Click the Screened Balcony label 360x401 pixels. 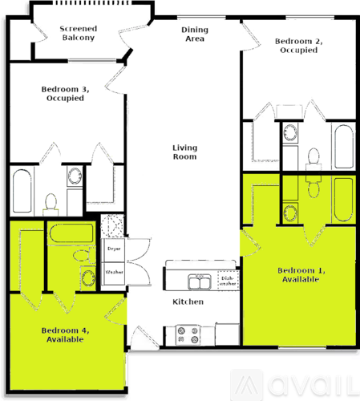[79, 33]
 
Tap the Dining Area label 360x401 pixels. [195, 34]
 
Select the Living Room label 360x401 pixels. [184, 152]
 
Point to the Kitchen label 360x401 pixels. [188, 302]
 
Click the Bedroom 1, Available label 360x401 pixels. [301, 275]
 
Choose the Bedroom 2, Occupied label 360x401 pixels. [299, 46]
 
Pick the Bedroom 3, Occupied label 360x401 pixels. [65, 94]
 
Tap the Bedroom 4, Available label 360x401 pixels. [65, 335]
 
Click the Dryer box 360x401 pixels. [114, 250]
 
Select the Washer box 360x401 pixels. [114, 273]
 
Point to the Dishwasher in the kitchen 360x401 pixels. [228, 281]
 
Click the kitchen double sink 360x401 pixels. [200, 282]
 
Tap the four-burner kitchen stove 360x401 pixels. [188, 335]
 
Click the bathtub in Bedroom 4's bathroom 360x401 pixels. [71, 233]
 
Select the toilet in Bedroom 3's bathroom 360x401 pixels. [51, 205]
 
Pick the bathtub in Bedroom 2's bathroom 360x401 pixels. [344, 147]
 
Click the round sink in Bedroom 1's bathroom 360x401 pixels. [290, 213]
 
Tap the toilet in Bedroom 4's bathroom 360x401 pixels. [84, 256]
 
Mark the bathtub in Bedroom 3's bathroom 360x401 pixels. [22, 191]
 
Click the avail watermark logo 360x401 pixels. [295, 385]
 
